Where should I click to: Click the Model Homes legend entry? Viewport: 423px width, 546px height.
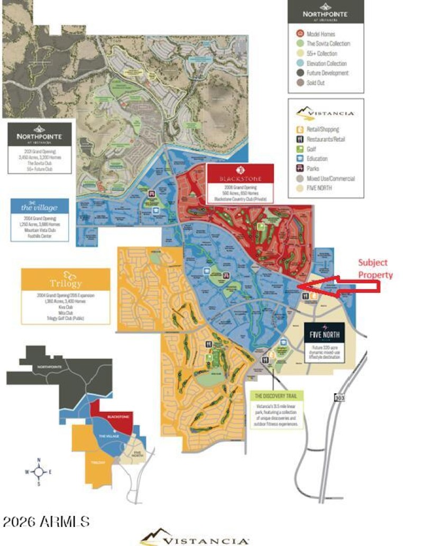click(320, 34)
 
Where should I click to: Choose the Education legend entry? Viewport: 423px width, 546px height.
click(316, 159)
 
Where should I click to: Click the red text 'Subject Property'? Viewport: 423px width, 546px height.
click(375, 269)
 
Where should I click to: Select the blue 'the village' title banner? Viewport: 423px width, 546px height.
click(40, 207)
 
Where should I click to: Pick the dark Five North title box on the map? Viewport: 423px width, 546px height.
click(324, 333)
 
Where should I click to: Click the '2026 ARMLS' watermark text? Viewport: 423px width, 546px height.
click(46, 522)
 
